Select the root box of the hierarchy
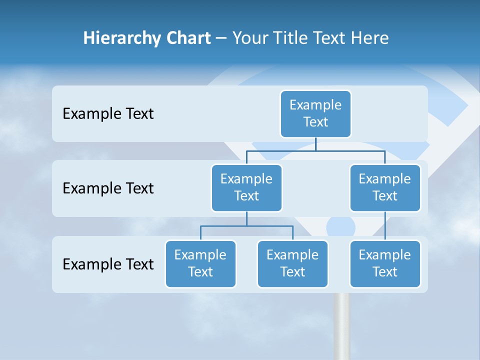[x=315, y=113]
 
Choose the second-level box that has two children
[x=246, y=187]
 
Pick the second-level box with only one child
[x=385, y=187]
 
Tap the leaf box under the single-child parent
[x=385, y=263]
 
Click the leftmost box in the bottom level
[x=200, y=263]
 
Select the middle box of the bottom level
[x=292, y=263]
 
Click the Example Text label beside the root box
[x=108, y=114]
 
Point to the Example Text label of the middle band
[x=108, y=188]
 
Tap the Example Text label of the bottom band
[x=108, y=264]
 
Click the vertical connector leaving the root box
[x=315, y=144]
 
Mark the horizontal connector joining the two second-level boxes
[x=315, y=150]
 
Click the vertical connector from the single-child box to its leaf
[x=385, y=226]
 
